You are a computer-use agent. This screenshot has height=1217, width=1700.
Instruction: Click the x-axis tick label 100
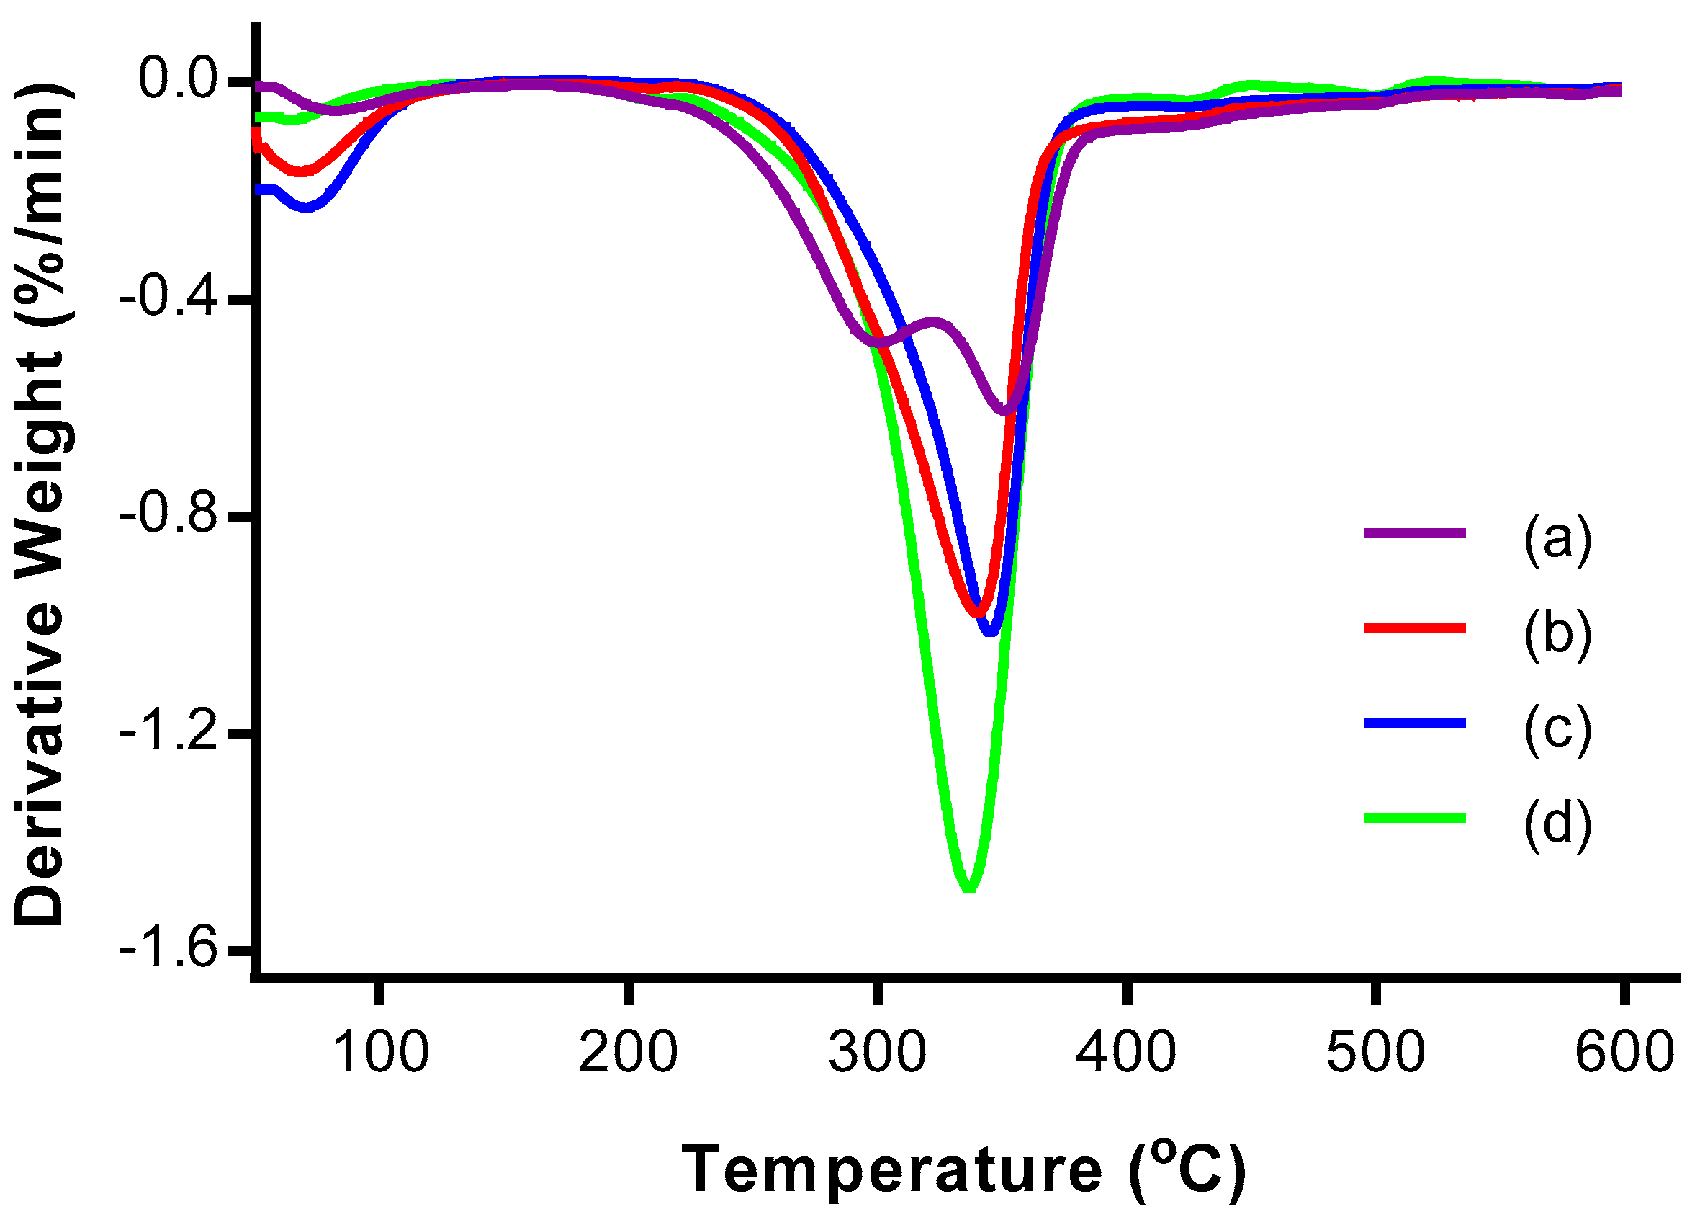click(379, 1052)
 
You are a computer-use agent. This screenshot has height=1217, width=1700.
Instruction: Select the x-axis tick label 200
click(628, 1052)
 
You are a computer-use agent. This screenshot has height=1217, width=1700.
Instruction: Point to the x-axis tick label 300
click(877, 1052)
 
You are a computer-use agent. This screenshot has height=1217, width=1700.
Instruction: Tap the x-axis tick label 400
click(1125, 1052)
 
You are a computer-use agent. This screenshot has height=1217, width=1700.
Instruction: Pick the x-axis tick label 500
click(1375, 1052)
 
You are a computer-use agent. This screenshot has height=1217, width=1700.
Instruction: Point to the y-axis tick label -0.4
click(176, 298)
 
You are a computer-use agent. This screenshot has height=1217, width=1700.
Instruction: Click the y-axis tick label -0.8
click(176, 516)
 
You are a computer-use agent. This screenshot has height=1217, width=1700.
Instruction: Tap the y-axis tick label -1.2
click(176, 733)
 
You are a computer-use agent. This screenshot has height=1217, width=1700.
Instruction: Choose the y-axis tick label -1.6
click(176, 950)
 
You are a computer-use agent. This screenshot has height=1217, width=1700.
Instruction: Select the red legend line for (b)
click(1415, 628)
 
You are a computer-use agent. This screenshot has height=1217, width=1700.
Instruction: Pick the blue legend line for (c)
click(1415, 723)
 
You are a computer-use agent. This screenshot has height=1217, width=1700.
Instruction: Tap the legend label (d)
click(1557, 824)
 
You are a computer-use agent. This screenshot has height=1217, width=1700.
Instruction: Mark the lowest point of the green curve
click(969, 886)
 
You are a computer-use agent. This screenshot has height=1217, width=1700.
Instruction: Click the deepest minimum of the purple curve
click(1004, 410)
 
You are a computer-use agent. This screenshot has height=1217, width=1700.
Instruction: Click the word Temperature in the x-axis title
click(891, 1169)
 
